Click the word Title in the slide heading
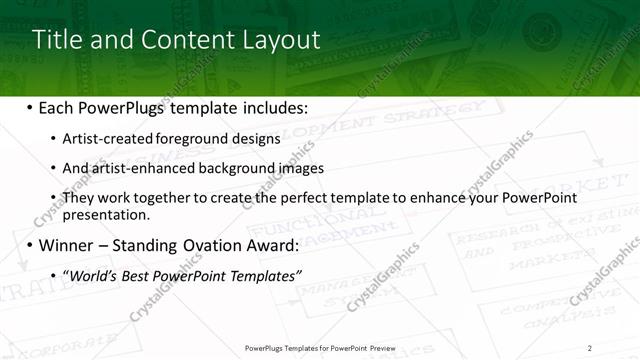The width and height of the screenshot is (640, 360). [x=55, y=40]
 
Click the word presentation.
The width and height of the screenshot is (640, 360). [x=106, y=214]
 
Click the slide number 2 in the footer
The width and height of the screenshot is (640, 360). [x=589, y=348]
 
